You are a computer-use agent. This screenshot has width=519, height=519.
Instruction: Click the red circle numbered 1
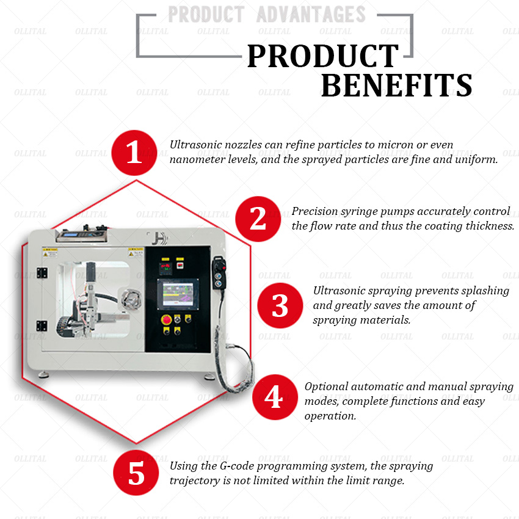click(x=134, y=153)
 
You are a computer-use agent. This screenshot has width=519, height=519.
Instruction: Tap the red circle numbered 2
click(x=258, y=219)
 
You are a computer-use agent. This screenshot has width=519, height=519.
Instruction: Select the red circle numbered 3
click(x=280, y=305)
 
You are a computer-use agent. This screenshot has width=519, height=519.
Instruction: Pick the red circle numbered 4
click(x=275, y=397)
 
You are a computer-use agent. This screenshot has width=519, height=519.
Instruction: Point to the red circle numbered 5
click(x=136, y=473)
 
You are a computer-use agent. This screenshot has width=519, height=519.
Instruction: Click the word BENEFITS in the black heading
click(x=396, y=85)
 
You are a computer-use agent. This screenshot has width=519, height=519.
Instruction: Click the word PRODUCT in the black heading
click(x=323, y=56)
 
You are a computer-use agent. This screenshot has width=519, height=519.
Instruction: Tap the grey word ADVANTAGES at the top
click(x=311, y=14)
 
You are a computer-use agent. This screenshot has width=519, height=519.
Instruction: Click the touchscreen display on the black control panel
click(x=178, y=294)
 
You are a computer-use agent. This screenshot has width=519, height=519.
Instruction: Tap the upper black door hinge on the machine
click(x=42, y=273)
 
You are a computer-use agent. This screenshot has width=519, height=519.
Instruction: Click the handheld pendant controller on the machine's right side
click(x=219, y=272)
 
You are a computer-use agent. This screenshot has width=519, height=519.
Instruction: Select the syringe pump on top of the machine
click(x=82, y=234)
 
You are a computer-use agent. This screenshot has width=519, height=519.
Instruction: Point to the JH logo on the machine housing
click(x=161, y=238)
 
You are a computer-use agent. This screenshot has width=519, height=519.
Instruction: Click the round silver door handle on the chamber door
click(x=131, y=299)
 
